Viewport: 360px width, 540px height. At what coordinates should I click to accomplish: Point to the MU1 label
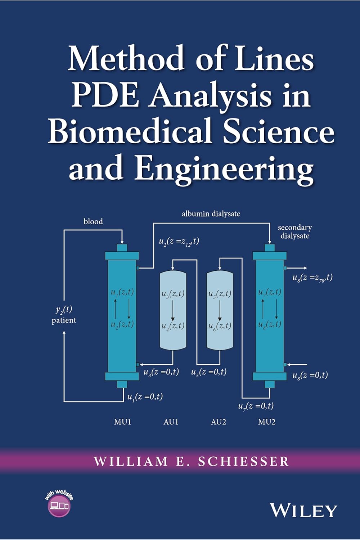[122, 422]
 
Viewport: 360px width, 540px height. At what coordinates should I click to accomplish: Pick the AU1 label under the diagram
[171, 422]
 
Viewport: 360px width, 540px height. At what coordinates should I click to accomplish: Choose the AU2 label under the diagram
[219, 422]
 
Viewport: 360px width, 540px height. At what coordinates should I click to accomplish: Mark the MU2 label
[267, 422]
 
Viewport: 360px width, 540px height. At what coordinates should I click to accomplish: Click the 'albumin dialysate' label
[211, 214]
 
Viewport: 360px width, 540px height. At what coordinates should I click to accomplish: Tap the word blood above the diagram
[93, 221]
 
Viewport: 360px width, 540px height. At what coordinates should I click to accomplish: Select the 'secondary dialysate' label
[295, 231]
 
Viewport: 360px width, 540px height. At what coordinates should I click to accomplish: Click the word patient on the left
[64, 320]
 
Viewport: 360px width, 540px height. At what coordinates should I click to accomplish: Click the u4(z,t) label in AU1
[173, 327]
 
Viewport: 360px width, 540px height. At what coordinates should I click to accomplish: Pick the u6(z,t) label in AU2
[220, 327]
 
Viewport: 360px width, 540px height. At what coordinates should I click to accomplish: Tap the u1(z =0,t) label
[145, 397]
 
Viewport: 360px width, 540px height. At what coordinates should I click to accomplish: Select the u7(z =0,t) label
[256, 406]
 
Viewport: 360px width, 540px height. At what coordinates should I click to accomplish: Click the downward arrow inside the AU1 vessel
[173, 310]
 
